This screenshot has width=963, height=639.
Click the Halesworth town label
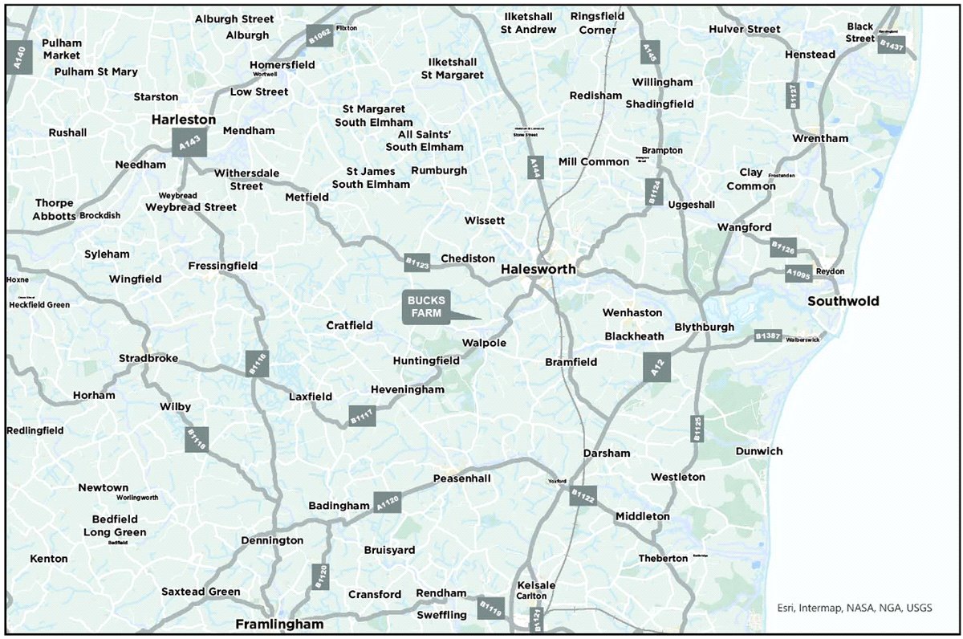pyautogui.click(x=538, y=270)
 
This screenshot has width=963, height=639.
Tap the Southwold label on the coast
pyautogui.click(x=843, y=302)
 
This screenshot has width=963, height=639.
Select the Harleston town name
pyautogui.click(x=184, y=120)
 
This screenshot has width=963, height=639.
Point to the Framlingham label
pyautogui.click(x=279, y=624)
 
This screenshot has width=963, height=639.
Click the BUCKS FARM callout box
pyautogui.click(x=426, y=307)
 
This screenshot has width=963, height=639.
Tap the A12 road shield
pyautogui.click(x=656, y=368)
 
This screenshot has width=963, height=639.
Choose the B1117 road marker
pyautogui.click(x=362, y=415)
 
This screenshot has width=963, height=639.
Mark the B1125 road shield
pyautogui.click(x=697, y=427)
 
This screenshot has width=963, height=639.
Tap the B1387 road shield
pyautogui.click(x=768, y=336)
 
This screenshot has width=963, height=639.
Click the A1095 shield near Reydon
pyautogui.click(x=798, y=274)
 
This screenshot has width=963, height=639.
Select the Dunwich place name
pyautogui.click(x=759, y=451)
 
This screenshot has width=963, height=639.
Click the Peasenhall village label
pyautogui.click(x=461, y=478)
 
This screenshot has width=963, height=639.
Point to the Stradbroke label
pyautogui.click(x=148, y=358)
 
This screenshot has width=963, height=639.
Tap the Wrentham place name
pyautogui.click(x=820, y=138)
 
